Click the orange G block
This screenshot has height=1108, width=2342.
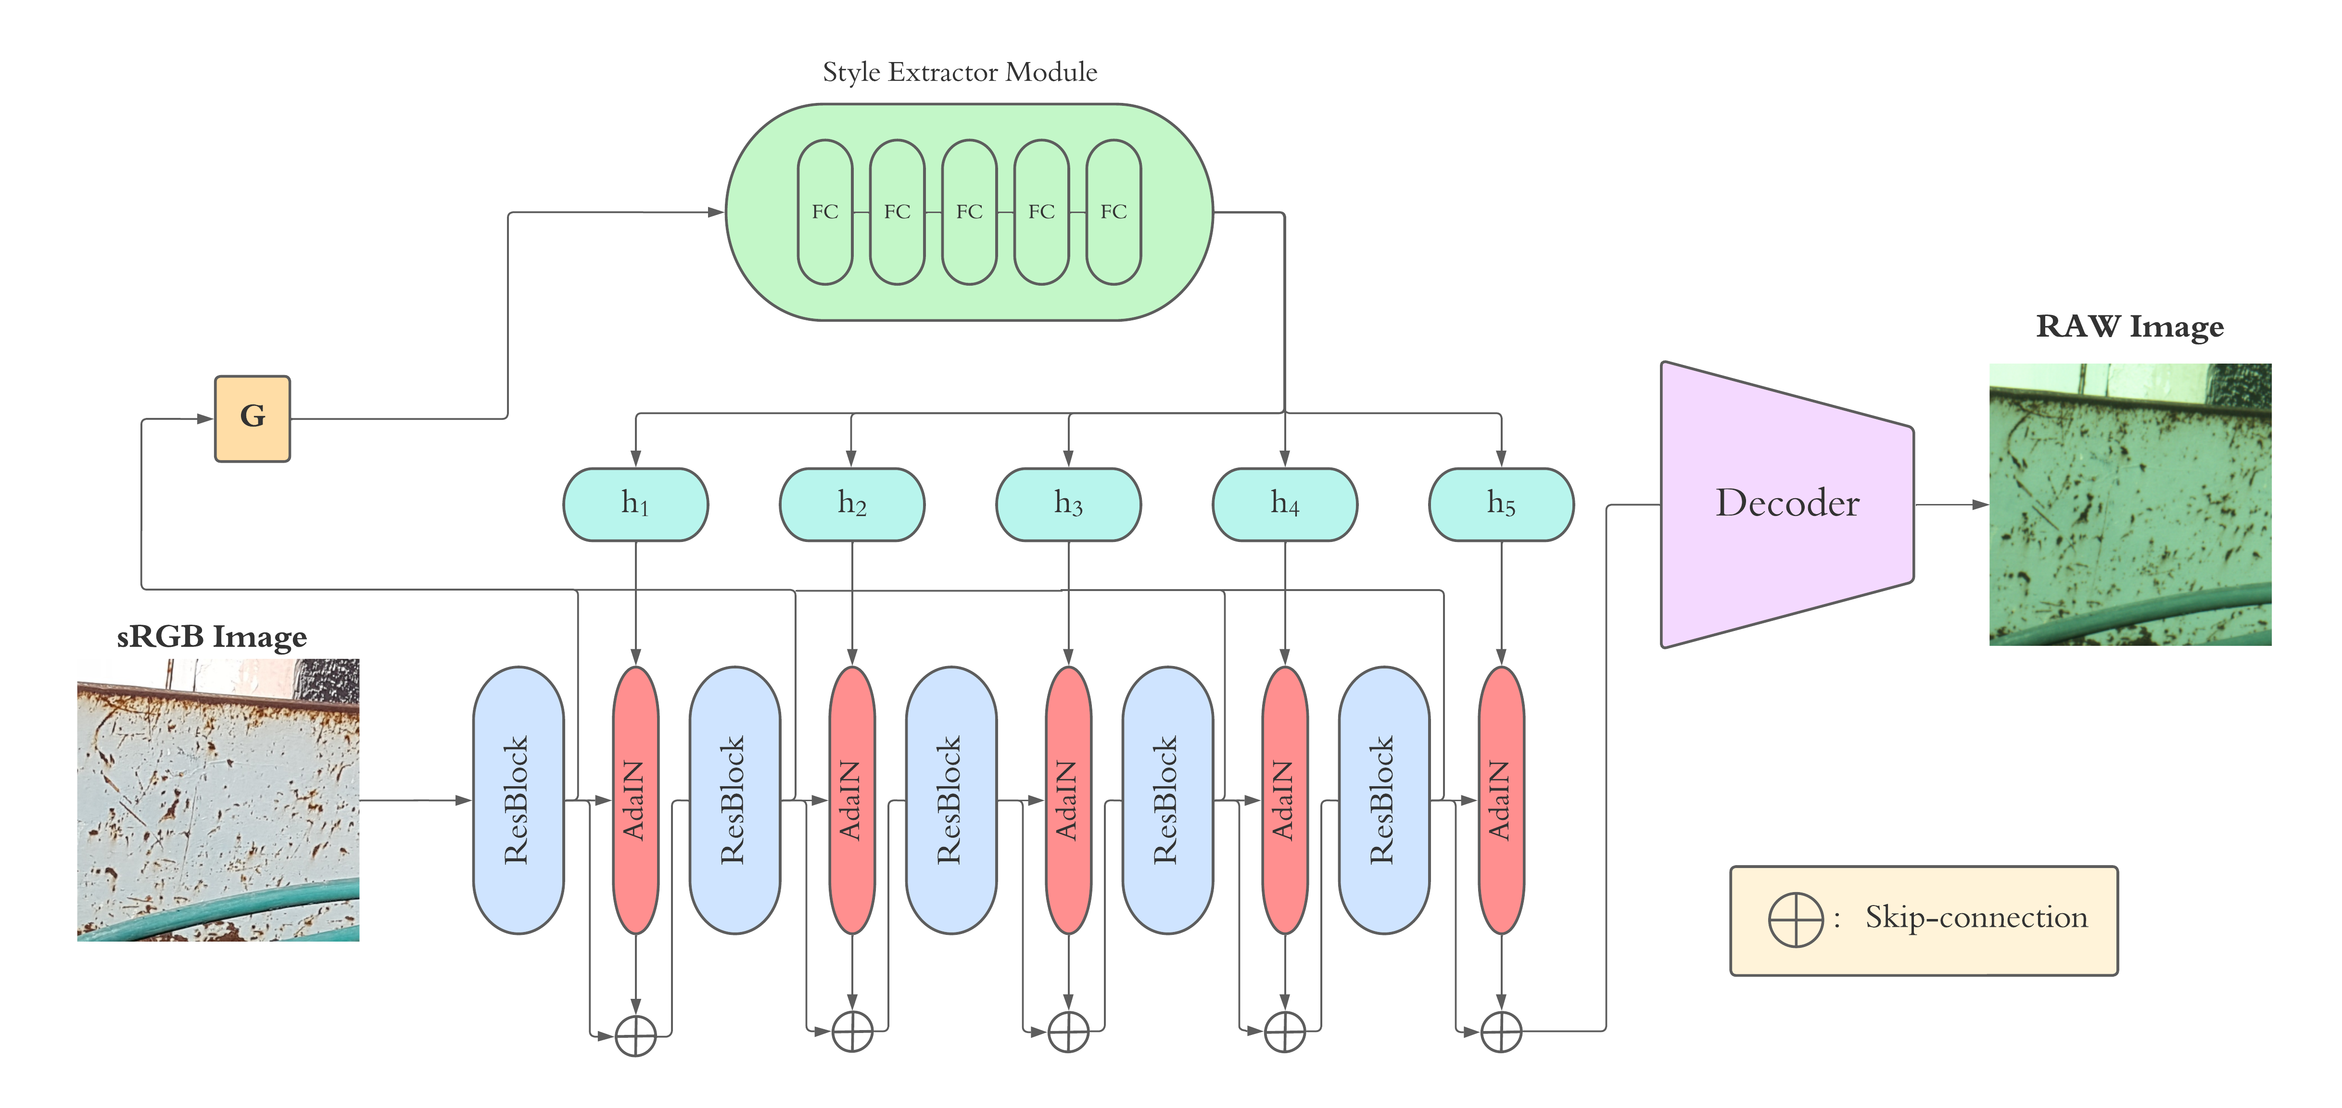coord(253,418)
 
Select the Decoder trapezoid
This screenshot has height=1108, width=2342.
coord(1786,504)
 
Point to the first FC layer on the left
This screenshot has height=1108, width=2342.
coord(824,212)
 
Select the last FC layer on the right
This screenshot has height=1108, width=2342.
coord(1114,212)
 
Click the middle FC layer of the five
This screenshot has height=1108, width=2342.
coord(969,212)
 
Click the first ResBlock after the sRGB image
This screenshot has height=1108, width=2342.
coord(517,800)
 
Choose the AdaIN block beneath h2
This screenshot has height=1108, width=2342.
coord(852,800)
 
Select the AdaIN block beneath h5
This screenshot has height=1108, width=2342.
coord(1501,800)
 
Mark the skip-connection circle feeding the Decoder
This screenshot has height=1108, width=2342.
coord(1501,1032)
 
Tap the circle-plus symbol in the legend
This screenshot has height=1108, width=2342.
coord(1796,919)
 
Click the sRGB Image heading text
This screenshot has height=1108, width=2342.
coord(212,636)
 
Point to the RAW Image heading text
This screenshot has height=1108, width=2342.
coord(2129,327)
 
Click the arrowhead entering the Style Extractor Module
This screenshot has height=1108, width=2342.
coord(716,213)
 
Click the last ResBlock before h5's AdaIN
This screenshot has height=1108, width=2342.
coord(1383,800)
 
